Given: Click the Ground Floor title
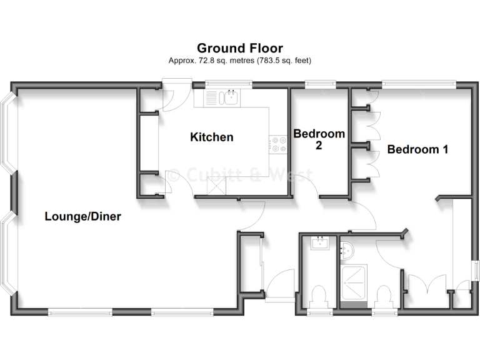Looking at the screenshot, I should [240, 48].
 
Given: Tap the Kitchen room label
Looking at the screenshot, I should [212, 137].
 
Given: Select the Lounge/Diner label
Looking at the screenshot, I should [82, 217].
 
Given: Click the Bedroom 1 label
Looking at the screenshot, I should [417, 149].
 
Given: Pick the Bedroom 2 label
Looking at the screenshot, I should [319, 139].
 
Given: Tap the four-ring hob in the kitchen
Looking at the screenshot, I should [278, 144].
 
